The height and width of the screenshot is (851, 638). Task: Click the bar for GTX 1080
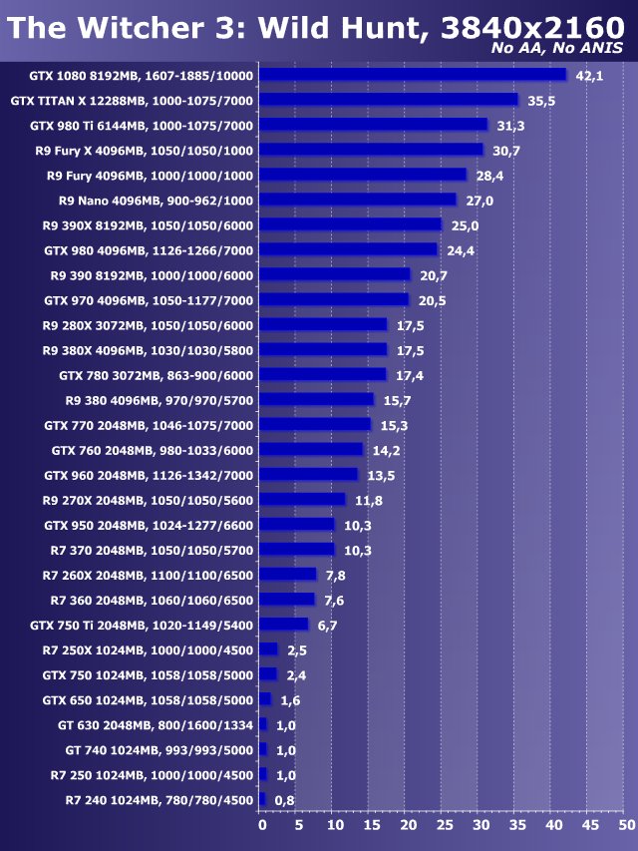point(413,75)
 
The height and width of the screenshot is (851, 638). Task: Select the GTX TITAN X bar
point(389,100)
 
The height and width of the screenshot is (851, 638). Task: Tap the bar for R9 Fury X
point(371,150)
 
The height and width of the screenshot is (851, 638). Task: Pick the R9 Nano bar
point(358,200)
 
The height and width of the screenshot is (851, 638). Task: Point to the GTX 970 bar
point(334,299)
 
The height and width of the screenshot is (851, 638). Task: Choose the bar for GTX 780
point(323,374)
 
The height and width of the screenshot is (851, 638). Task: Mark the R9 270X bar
point(302,499)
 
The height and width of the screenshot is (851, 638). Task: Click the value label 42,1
point(590,75)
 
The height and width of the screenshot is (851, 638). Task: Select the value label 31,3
point(511,125)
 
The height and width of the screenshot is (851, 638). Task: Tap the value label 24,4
point(462,249)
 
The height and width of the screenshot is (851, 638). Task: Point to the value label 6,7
point(329,625)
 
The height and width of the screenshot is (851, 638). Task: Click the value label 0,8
point(285,799)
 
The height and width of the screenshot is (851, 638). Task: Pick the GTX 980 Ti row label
point(142,125)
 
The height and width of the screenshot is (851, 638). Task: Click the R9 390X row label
point(148,224)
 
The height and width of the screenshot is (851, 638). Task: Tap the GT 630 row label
point(158,724)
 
